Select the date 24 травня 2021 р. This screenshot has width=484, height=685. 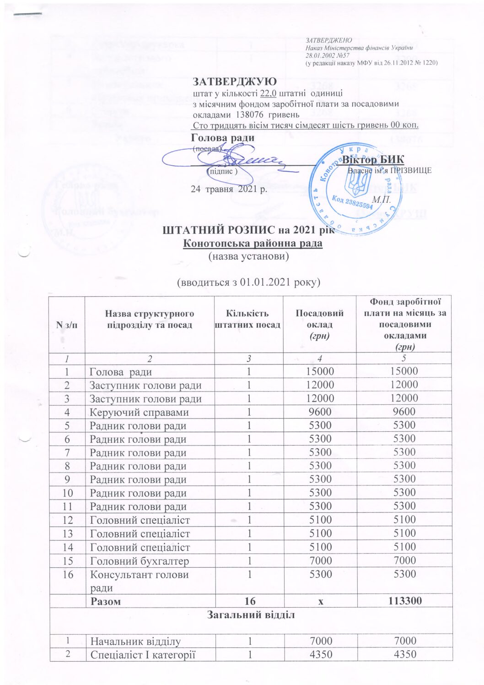(x=228, y=189)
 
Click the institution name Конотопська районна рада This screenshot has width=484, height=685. (x=253, y=243)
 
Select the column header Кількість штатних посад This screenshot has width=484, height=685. (x=247, y=319)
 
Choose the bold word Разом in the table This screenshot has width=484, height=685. (x=106, y=601)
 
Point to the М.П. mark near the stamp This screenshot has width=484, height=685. (x=381, y=200)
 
